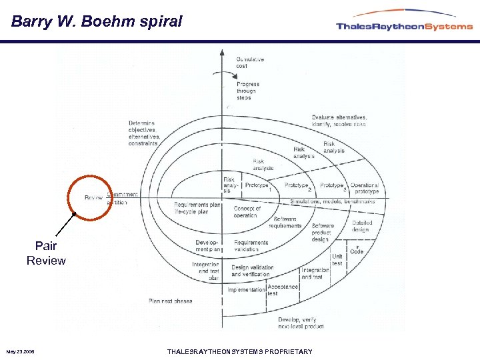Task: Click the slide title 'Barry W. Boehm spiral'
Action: [97, 21]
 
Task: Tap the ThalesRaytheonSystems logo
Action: [404, 25]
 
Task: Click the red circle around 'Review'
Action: [91, 197]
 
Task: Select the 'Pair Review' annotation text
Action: [46, 253]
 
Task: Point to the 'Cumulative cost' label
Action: [250, 62]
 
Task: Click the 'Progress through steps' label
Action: [248, 91]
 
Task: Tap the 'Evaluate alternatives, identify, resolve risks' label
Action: [339, 121]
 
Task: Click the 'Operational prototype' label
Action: [365, 188]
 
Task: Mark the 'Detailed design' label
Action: [361, 226]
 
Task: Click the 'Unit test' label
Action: [337, 259]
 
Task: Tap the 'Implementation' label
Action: [246, 290]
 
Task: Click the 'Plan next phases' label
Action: [170, 301]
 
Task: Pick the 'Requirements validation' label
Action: [251, 245]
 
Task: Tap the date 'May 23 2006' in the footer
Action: [22, 351]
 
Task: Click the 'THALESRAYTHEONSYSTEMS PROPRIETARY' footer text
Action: [239, 351]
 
